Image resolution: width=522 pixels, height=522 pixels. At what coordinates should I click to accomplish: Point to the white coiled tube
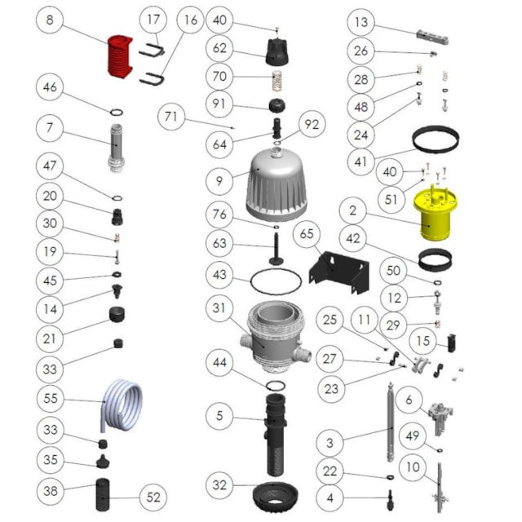click(x=118, y=404)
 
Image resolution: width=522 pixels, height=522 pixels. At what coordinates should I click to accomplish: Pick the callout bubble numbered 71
click(x=170, y=117)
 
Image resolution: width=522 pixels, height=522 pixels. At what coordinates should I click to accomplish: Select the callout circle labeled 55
click(x=52, y=400)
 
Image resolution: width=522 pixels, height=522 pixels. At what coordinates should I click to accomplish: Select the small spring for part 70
click(x=279, y=80)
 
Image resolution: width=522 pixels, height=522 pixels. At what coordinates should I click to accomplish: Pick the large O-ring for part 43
click(x=276, y=280)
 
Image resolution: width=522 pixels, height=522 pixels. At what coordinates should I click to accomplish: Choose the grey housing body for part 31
click(x=275, y=335)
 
